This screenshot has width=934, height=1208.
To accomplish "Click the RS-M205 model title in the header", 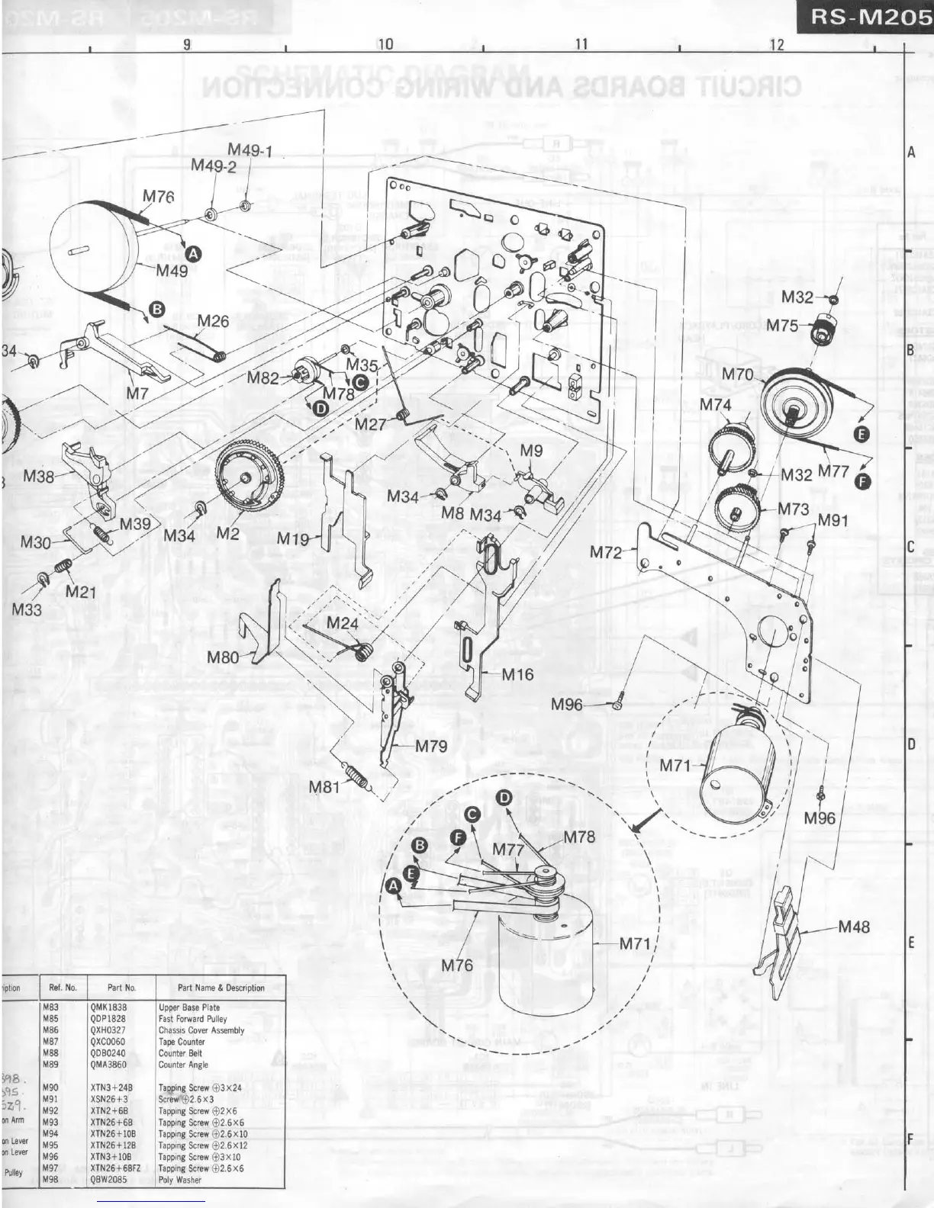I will tap(869, 18).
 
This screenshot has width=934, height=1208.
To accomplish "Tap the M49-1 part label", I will tap(250, 151).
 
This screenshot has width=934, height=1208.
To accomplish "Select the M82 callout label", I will tap(262, 377).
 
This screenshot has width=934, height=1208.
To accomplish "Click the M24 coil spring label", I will tap(342, 623).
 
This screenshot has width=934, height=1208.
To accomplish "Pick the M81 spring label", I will tap(324, 786).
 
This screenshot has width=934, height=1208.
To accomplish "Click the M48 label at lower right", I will tap(854, 927).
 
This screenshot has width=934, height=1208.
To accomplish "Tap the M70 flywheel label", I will tap(737, 374).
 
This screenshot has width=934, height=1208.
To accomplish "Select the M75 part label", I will tap(782, 326).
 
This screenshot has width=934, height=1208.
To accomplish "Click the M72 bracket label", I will tap(607, 552).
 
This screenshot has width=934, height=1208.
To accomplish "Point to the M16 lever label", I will tap(517, 674).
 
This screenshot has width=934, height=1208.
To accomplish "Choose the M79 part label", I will tap(431, 746).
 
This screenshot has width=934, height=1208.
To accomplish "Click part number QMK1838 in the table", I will tap(108, 1007).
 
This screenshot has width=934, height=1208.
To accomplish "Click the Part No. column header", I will tap(121, 988).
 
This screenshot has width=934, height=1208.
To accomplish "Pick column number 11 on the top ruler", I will tap(581, 45).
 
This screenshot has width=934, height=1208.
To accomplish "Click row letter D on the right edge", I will tap(910, 745).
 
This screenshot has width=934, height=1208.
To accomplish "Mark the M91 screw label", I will tap(833, 521).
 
